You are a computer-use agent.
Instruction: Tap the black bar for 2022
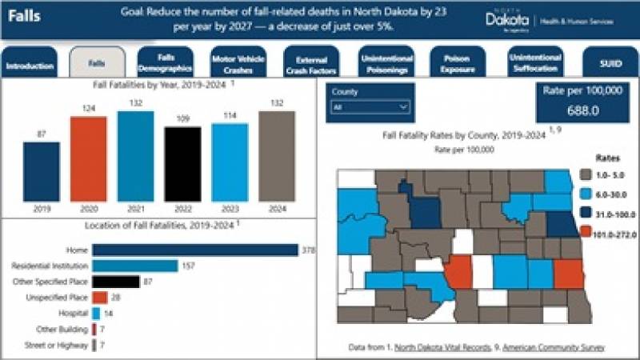[182, 164]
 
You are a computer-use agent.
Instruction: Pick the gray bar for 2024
[277, 156]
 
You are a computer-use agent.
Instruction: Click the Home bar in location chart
[194, 251]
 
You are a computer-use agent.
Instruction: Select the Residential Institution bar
[134, 266]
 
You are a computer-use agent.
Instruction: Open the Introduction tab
[30, 66]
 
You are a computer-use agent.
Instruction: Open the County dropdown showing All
[370, 106]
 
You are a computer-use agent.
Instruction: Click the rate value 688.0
[582, 110]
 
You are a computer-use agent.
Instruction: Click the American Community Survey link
[559, 347]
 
